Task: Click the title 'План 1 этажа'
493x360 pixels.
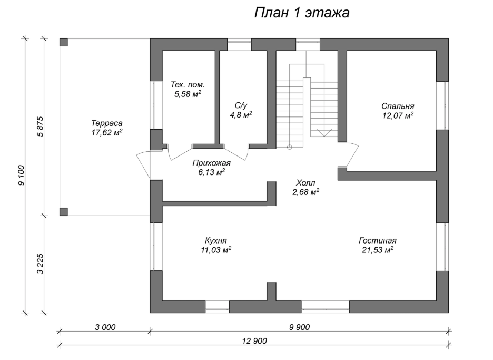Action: click(x=302, y=13)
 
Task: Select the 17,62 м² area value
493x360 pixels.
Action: click(x=107, y=133)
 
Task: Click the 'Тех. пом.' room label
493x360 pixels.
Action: click(x=188, y=84)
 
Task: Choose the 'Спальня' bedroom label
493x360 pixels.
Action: click(x=399, y=105)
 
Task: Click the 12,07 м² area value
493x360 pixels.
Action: click(x=398, y=115)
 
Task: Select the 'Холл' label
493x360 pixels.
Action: click(x=307, y=182)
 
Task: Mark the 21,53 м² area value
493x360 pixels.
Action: click(x=377, y=250)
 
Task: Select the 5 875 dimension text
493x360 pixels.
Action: click(x=39, y=127)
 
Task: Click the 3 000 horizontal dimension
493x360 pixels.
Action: click(x=105, y=327)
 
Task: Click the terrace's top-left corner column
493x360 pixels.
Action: click(x=63, y=43)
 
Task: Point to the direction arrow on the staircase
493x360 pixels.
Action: click(x=323, y=132)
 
